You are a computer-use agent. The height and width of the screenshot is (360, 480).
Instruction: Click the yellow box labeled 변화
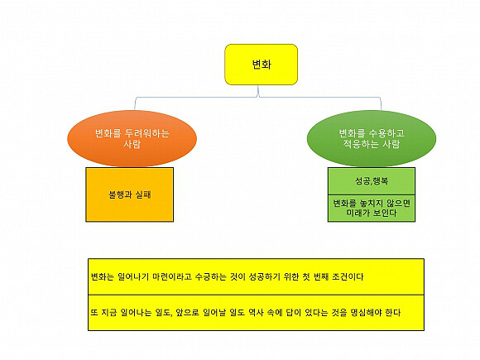[262, 65]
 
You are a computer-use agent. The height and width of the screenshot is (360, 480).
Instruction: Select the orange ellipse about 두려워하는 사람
[132, 138]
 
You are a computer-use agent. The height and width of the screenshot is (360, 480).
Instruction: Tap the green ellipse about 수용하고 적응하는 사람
[372, 138]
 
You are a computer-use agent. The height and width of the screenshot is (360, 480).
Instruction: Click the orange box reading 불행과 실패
[129, 194]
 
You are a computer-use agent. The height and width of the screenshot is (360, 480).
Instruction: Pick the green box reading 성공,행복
[372, 181]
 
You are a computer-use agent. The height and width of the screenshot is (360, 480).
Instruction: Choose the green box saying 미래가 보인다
[372, 208]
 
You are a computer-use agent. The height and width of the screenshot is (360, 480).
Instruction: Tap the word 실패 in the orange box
[143, 194]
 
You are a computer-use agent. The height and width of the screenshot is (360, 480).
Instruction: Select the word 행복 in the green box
[381, 181]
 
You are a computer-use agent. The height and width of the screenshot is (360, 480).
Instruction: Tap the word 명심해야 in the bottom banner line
[366, 313]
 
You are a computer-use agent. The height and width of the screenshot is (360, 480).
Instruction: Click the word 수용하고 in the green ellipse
[386, 133]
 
